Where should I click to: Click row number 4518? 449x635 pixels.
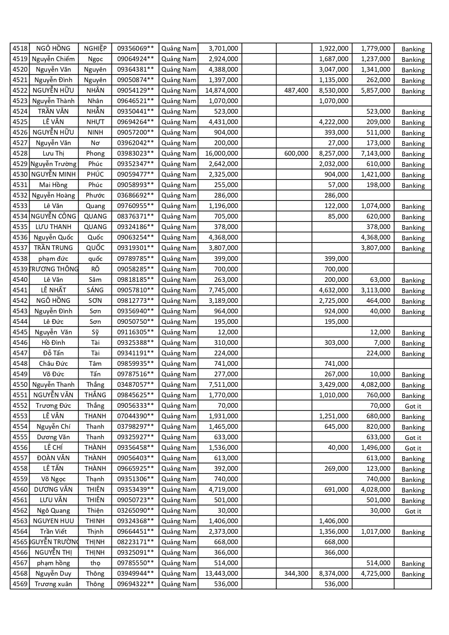point(20,48)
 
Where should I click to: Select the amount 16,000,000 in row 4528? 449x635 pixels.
point(221,153)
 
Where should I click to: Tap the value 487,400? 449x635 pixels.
point(296,90)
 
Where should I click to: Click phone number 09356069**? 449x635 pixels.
point(135,48)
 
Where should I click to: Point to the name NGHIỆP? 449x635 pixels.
point(95,48)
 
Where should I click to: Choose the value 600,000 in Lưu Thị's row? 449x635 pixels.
point(296,153)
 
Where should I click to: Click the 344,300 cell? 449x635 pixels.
point(296,573)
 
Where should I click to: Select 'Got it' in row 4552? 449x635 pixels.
point(413,406)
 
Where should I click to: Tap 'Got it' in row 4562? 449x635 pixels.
point(413,511)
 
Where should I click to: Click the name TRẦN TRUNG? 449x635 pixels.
point(53,248)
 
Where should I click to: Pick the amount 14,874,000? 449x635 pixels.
point(221,90)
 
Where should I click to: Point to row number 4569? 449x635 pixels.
point(20,584)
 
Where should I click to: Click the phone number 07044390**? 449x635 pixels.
point(135,416)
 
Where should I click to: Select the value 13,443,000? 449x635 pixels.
point(221,573)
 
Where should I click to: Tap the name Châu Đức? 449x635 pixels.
point(53,364)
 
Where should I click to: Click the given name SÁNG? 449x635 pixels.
point(95,290)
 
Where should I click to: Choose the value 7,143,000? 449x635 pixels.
point(376,153)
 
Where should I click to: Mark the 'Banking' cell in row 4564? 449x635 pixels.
point(413,532)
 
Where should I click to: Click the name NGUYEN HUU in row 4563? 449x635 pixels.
point(53,521)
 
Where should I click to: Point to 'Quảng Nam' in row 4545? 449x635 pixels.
point(179,332)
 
